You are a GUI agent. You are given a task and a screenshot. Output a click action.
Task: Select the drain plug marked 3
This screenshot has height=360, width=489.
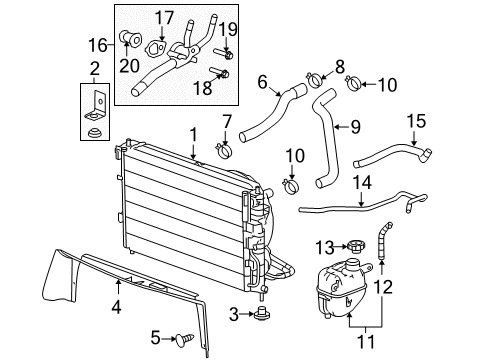(263, 317)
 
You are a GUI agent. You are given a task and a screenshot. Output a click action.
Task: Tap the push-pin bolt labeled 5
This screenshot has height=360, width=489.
(184, 338)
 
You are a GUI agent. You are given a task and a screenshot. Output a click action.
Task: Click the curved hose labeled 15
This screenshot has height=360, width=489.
(393, 163)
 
